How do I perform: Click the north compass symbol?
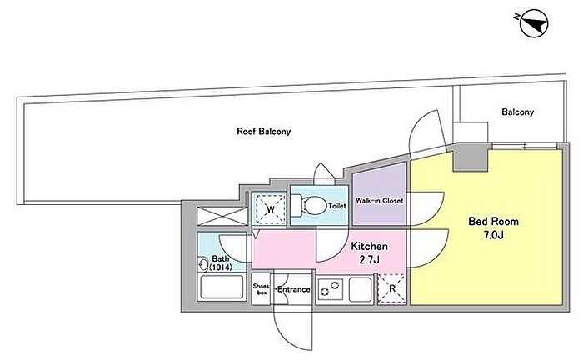[x=534, y=23]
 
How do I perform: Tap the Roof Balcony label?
[x=264, y=132]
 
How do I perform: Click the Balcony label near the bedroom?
[x=517, y=112]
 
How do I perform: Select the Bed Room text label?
[x=493, y=222]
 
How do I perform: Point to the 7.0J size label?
[x=493, y=235]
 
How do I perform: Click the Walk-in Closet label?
[x=379, y=201]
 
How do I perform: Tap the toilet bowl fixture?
[x=310, y=205]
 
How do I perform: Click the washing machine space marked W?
[x=270, y=208]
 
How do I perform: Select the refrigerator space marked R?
[x=392, y=289]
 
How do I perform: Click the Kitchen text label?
[x=369, y=246]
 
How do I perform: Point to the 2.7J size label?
[x=369, y=260]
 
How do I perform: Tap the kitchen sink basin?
[x=361, y=289]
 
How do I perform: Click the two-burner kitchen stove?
[x=330, y=289]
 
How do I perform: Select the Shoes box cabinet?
[x=261, y=289]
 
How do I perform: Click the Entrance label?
[x=294, y=289]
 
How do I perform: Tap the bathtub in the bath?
[x=222, y=287]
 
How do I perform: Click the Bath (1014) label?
[x=221, y=262]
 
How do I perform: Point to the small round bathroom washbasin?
[x=203, y=264]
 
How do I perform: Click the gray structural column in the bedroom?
[x=471, y=157]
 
